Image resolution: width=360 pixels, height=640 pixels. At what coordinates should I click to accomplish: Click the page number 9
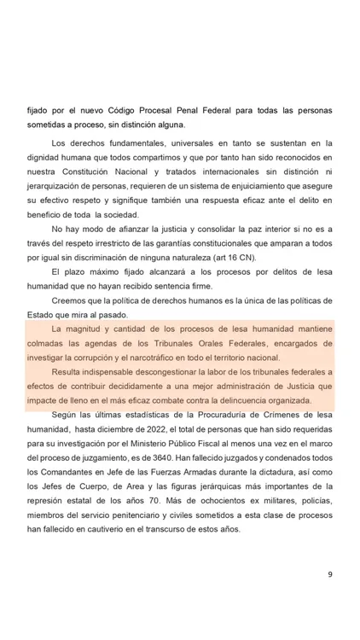329,573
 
